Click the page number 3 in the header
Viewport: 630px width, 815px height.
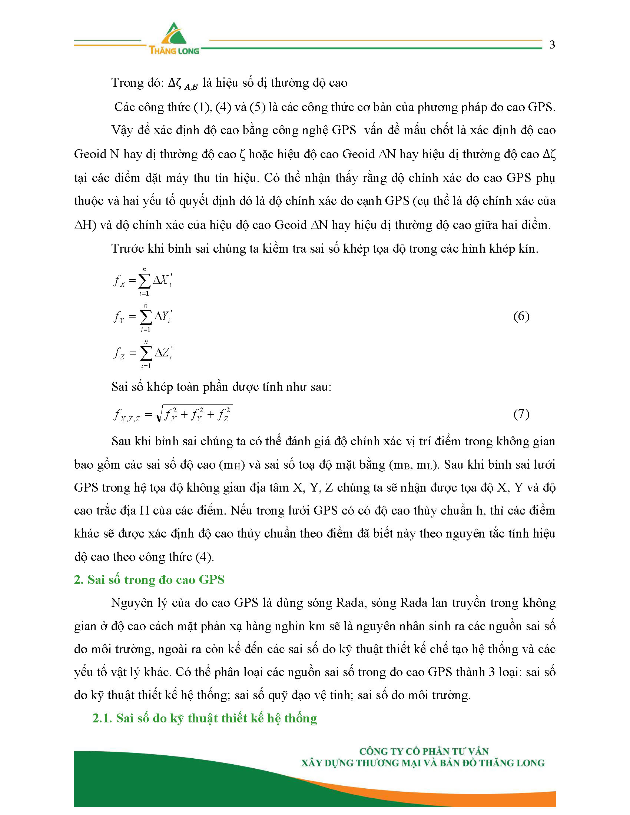[x=552, y=45]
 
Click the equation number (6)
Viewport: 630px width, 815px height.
[x=521, y=316]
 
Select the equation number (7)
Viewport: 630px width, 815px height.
[x=521, y=414]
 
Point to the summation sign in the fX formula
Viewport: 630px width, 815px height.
[x=144, y=281]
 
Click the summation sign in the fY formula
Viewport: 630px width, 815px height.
[x=146, y=317]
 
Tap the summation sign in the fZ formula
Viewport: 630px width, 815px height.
[x=146, y=353]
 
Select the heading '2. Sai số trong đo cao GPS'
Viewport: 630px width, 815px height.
[x=149, y=579]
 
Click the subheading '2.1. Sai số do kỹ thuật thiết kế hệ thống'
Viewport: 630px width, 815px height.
[x=205, y=718]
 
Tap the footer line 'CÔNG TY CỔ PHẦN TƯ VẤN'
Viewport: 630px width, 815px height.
[x=424, y=751]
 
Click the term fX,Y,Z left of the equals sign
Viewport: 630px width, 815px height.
[x=126, y=415]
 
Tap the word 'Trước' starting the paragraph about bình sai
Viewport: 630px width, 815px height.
[x=127, y=249]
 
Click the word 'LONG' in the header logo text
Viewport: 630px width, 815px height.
[x=189, y=51]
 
